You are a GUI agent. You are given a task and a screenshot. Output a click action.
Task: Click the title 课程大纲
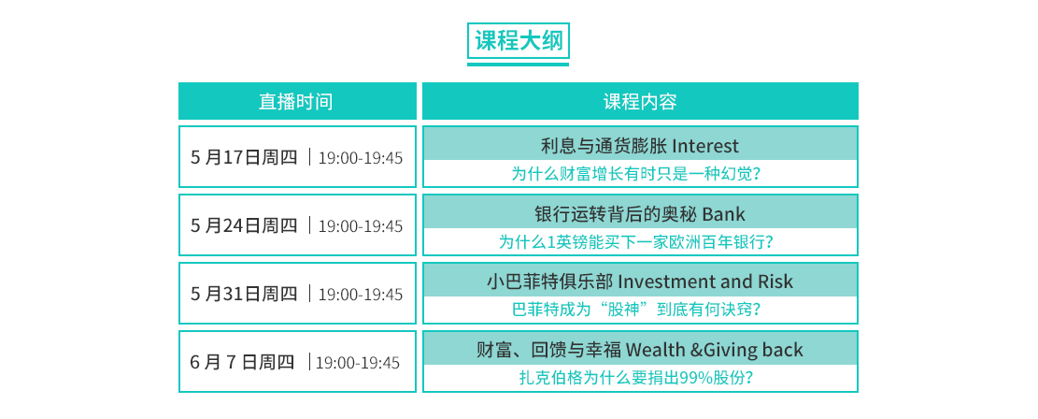click(519, 41)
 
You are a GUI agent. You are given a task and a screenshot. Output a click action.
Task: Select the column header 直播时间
click(296, 101)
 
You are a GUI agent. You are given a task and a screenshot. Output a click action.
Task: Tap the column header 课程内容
click(640, 101)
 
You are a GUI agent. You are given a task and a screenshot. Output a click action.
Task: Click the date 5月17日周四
click(244, 157)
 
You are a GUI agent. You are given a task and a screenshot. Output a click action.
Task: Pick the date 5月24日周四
click(244, 225)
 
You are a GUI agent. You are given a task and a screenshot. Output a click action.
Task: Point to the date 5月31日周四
click(244, 293)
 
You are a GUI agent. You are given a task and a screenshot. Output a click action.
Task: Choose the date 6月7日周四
click(242, 362)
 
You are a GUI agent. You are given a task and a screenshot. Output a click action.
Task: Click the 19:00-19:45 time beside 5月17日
click(360, 158)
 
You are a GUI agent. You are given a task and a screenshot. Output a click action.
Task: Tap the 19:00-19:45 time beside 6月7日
click(358, 363)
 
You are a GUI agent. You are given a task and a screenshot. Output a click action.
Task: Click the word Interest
click(704, 145)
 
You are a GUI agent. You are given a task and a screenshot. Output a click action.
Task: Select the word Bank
click(723, 213)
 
